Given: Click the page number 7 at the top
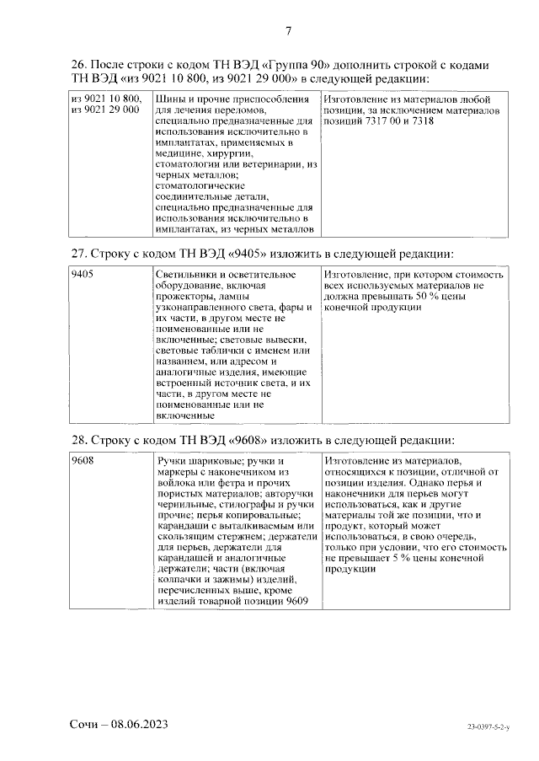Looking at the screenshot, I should point(288,32).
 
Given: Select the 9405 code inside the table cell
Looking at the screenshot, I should point(83,275).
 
